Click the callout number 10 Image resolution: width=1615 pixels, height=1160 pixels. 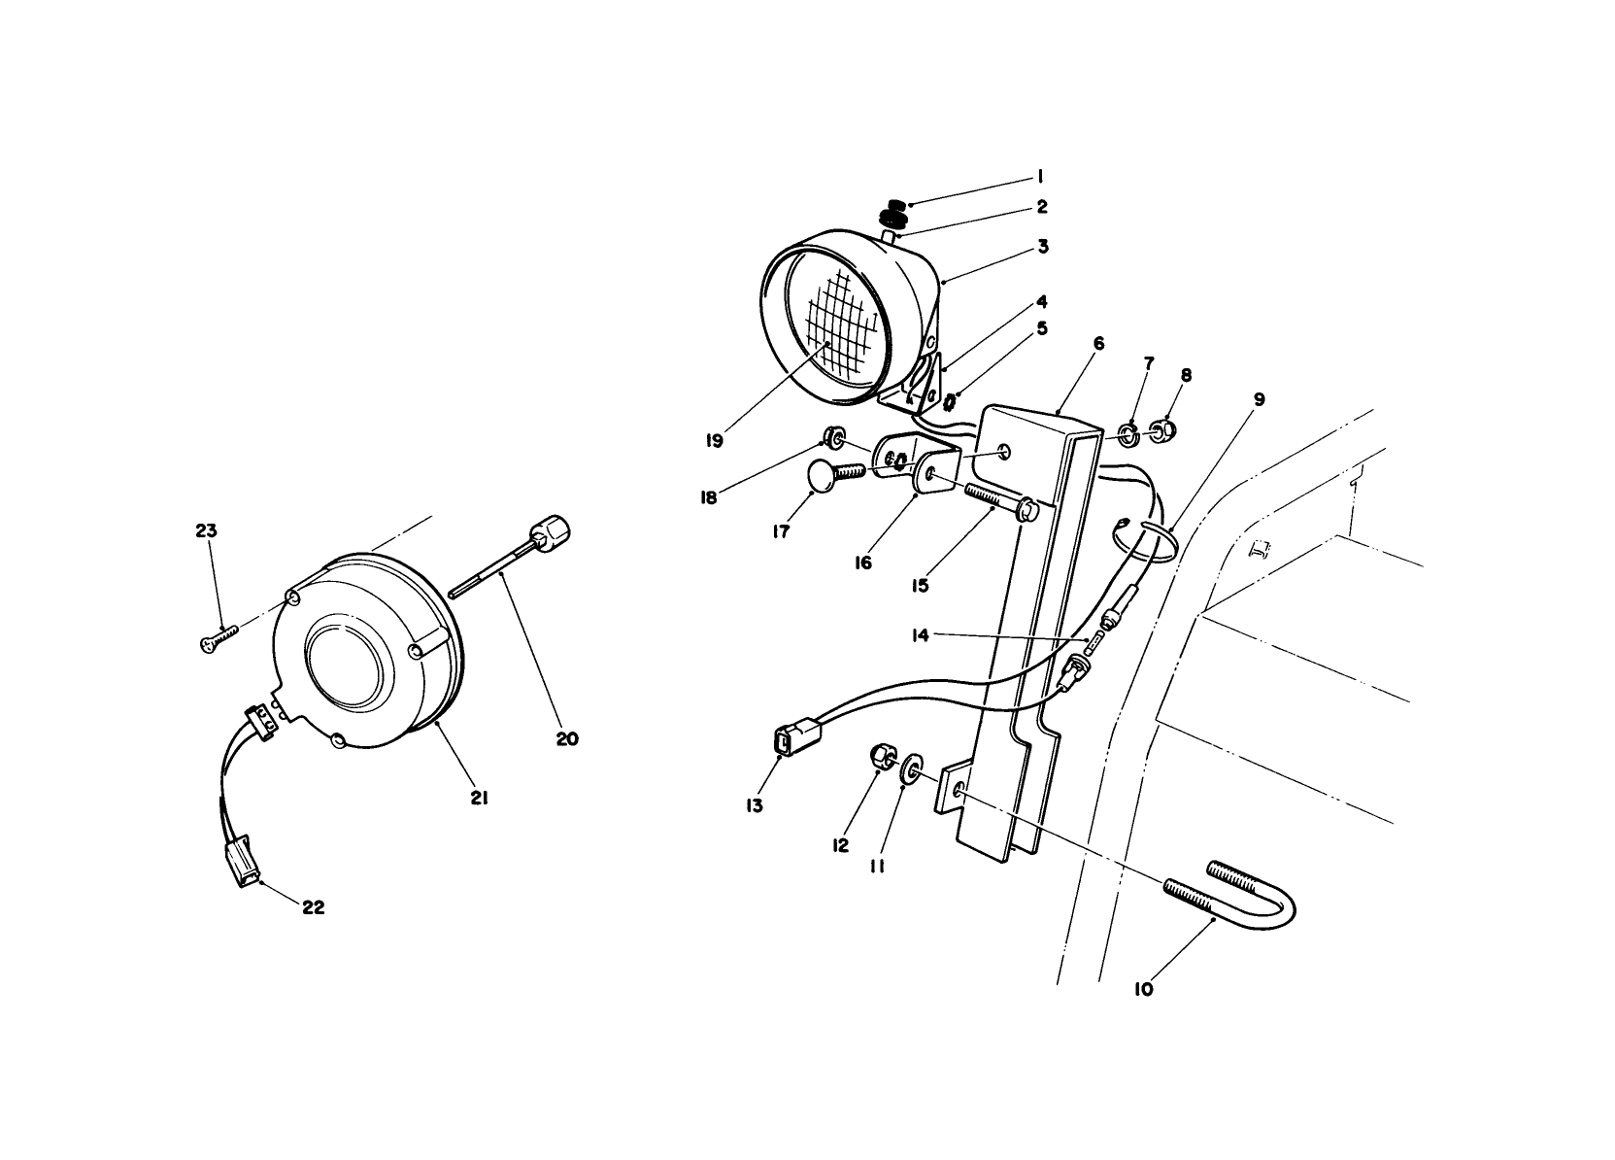[1143, 990]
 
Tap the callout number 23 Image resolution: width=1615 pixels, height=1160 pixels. [206, 531]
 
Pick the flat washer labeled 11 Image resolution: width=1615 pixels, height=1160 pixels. [913, 769]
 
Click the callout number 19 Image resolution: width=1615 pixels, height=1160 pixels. [715, 440]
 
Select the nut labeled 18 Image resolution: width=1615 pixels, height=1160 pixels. [833, 433]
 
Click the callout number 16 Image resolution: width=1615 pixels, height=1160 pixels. [863, 563]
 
